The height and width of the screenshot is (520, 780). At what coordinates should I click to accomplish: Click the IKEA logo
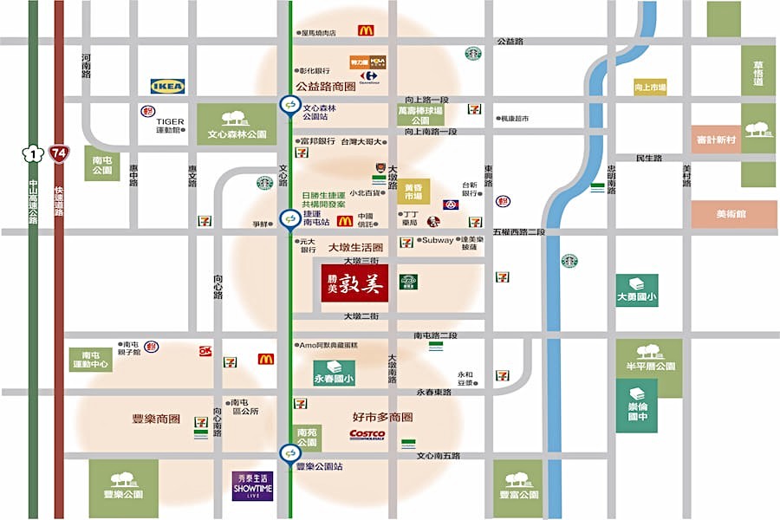tap(167, 86)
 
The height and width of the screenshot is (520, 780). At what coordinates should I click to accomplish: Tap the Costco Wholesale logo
tap(367, 434)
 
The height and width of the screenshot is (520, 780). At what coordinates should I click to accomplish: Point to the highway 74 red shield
tap(59, 153)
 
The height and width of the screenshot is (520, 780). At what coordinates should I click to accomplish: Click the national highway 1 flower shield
tap(33, 154)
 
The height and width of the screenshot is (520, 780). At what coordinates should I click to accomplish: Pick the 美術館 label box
tap(722, 213)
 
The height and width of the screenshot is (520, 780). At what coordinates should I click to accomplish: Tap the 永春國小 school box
tap(334, 374)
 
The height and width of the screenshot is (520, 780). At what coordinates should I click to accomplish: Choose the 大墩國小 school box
tap(637, 290)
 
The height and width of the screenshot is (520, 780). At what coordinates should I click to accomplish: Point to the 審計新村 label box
tap(716, 139)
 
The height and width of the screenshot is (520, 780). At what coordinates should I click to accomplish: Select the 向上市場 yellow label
tap(650, 87)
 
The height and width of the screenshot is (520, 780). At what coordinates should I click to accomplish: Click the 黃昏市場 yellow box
tap(413, 192)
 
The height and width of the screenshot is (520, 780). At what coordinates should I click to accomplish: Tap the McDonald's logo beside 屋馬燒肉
tap(366, 31)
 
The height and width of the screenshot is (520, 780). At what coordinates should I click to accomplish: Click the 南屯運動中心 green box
tap(91, 360)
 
